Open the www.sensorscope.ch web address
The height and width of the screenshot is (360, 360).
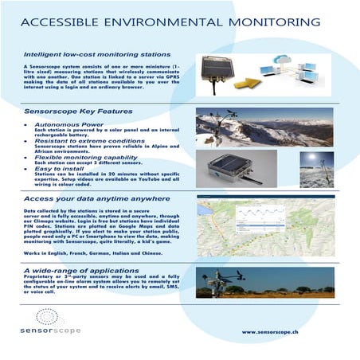click(x=276, y=331)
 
